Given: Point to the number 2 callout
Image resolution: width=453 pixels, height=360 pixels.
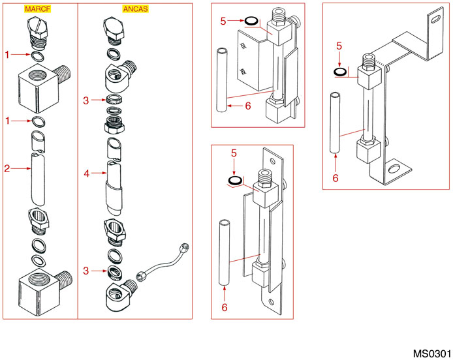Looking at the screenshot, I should (x=7, y=170).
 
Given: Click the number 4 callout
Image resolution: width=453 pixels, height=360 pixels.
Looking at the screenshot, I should (x=86, y=173).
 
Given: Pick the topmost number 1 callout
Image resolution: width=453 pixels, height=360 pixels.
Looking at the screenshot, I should (x=8, y=55).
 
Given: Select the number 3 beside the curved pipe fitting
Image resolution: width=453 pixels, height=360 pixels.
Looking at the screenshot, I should (x=86, y=270).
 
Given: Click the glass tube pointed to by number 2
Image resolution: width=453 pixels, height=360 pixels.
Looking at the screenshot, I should (x=36, y=176).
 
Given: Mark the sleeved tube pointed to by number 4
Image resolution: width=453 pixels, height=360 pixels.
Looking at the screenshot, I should (x=114, y=186).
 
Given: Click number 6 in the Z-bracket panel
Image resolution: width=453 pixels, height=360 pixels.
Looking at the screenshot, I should (x=336, y=177).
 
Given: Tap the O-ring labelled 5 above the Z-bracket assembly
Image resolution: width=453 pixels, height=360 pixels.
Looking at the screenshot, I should (x=341, y=70).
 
